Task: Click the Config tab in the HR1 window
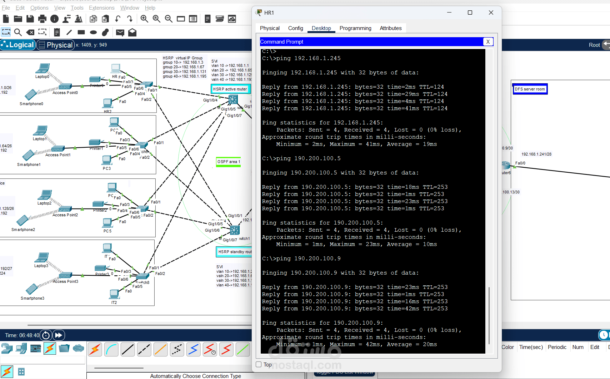point(295,28)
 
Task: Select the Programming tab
point(355,28)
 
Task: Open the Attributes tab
point(390,28)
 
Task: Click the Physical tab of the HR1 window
point(270,28)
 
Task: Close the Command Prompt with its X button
point(488,42)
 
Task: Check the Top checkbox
point(259,364)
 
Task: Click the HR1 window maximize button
point(470,13)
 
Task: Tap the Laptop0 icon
point(43,68)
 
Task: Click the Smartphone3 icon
point(31,289)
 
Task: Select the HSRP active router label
point(230,89)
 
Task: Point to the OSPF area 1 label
point(229,162)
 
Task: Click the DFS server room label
point(530,89)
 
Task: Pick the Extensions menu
point(101,8)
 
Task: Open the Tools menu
point(77,8)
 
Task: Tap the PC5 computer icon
point(107,223)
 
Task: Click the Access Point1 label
point(58,155)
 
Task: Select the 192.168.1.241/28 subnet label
point(536,154)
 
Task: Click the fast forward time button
point(59,335)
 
